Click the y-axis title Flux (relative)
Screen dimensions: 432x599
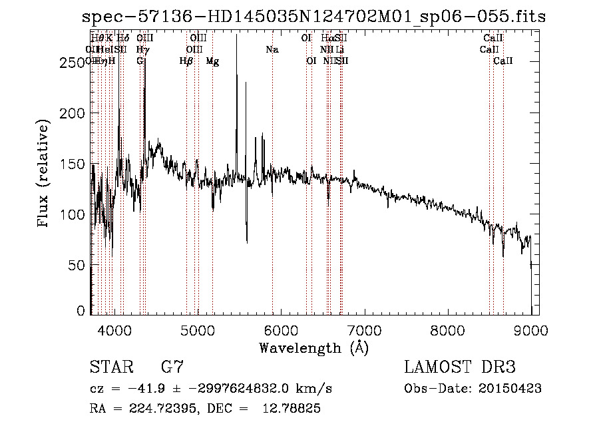45,174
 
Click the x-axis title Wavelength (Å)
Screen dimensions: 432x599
313,347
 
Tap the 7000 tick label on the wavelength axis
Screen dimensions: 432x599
364,329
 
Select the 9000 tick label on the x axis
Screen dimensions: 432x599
530,329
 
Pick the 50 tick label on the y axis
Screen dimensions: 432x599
77,266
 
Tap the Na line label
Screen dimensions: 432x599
272,50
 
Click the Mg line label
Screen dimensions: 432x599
212,61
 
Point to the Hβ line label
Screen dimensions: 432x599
186,61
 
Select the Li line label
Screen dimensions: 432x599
340,50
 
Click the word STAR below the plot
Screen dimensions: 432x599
110,367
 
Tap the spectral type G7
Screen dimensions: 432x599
172,367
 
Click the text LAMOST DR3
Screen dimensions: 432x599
459,367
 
